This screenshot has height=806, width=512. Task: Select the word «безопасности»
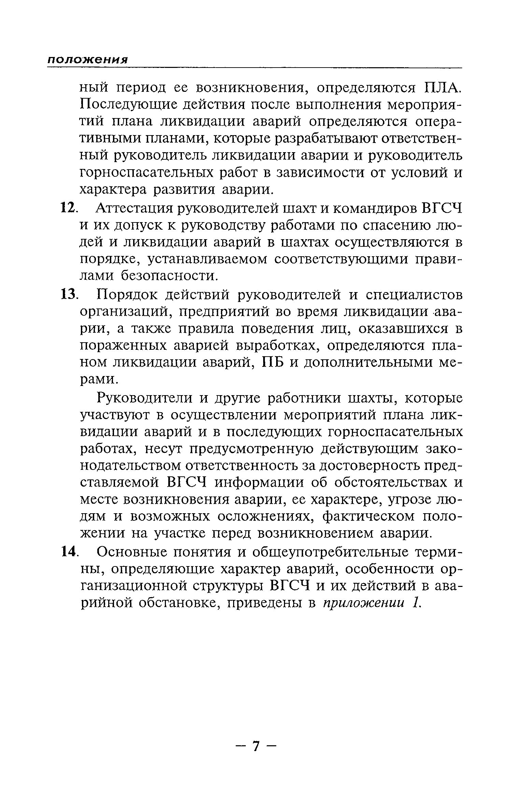[169, 276]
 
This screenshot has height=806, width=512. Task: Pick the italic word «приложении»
[363, 603]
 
